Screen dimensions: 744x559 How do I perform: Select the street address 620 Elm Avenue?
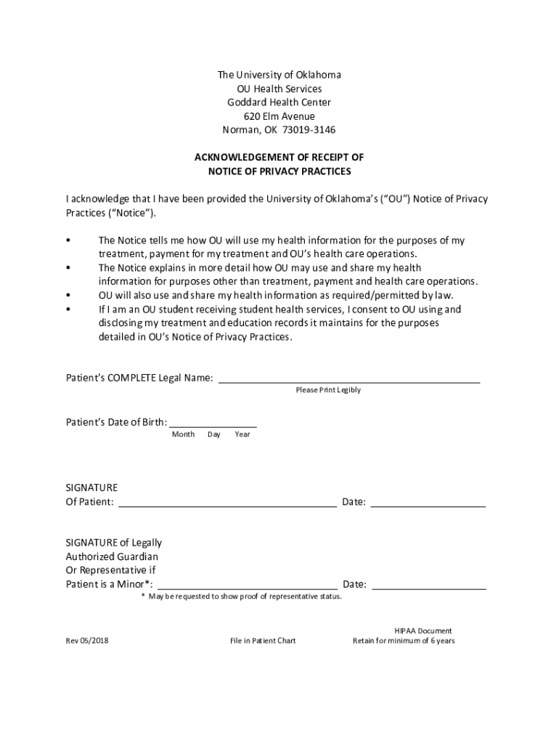(279, 116)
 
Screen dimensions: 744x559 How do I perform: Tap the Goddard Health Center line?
(279, 102)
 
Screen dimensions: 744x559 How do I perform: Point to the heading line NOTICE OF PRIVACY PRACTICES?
(279, 171)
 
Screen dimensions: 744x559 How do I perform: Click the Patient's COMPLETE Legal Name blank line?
(349, 379)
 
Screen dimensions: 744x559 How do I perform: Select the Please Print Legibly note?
(328, 390)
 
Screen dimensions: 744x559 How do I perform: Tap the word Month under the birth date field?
(183, 434)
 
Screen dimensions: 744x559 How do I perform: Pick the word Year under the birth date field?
(242, 434)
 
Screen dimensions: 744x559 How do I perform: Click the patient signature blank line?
(227, 504)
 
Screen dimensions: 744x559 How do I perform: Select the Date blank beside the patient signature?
(428, 504)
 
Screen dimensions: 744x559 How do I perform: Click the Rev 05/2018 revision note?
(88, 641)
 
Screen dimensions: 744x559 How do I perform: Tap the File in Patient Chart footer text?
(263, 641)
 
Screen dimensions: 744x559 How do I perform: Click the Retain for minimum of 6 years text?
(404, 641)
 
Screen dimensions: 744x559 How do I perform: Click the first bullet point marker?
(68, 240)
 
